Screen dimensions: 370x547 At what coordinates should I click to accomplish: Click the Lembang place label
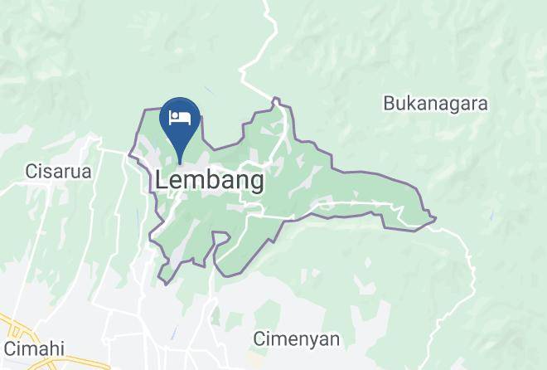(210, 180)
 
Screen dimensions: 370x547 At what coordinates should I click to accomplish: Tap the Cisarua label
(57, 172)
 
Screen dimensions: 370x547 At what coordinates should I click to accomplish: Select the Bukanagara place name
(435, 104)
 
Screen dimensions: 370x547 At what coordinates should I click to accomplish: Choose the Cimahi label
(34, 348)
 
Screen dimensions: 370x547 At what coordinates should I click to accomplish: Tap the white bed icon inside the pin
(180, 118)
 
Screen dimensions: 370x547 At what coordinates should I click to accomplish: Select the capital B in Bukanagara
(389, 104)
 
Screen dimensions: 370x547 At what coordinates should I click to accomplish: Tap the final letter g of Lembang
(256, 183)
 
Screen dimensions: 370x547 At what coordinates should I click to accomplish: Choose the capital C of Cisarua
(31, 172)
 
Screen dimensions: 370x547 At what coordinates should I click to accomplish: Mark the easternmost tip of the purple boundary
(436, 219)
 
